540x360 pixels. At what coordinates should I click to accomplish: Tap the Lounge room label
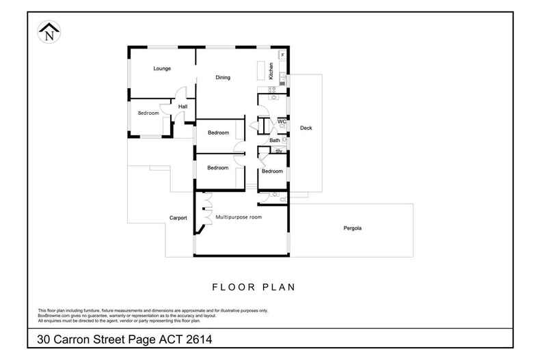162,69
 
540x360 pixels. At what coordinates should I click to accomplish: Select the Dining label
223,78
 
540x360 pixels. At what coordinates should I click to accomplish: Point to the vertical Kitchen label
271,72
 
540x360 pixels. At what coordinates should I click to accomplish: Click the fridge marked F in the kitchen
282,55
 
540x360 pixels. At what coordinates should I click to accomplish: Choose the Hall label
183,107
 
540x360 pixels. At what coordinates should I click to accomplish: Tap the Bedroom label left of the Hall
148,113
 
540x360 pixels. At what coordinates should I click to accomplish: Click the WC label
281,122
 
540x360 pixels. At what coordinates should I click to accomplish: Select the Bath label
274,141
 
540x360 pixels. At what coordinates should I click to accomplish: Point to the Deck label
306,128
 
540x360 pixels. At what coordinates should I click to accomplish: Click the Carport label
178,219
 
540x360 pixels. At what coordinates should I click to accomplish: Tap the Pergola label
352,228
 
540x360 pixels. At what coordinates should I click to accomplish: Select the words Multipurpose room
239,217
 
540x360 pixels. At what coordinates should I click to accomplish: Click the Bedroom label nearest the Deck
272,171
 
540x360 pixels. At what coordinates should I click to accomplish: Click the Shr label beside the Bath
278,150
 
